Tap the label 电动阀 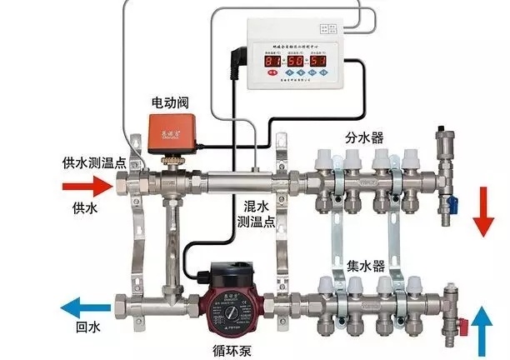pos(168,102)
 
